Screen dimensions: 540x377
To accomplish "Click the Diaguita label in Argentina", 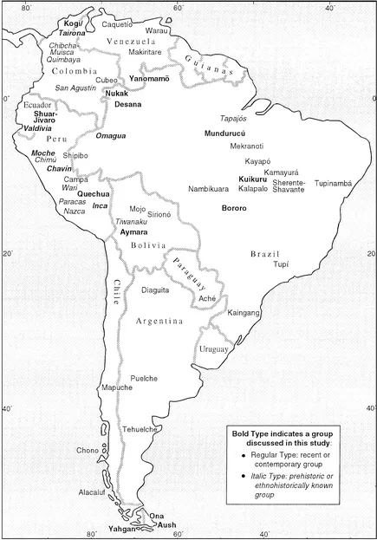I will point(156,290).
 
